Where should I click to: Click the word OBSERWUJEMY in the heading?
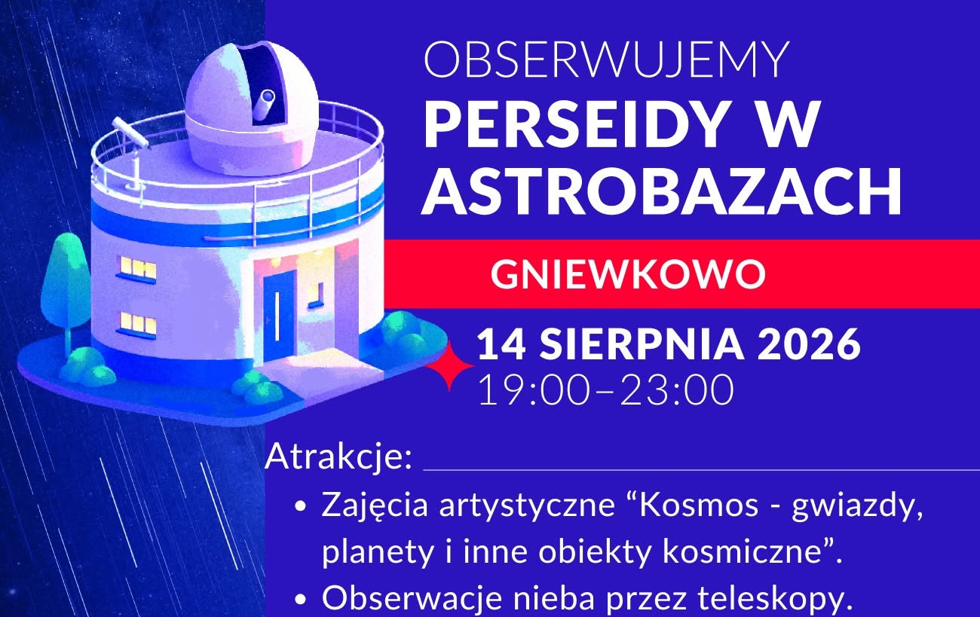pyautogui.click(x=606, y=60)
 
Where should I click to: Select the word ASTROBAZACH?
pyautogui.click(x=661, y=191)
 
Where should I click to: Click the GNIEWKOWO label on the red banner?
pyautogui.click(x=628, y=274)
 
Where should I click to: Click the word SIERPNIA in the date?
pyautogui.click(x=642, y=344)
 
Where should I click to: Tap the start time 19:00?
pyautogui.click(x=534, y=390)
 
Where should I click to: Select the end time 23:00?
pyautogui.click(x=677, y=390)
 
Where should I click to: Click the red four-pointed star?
pyautogui.click(x=449, y=365)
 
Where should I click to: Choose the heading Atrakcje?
pyautogui.click(x=338, y=457)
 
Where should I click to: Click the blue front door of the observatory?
pyautogui.click(x=279, y=316)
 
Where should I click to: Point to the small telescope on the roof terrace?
pyautogui.click(x=130, y=133)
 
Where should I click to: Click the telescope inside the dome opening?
pyautogui.click(x=264, y=104)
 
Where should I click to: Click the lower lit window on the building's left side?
pyautogui.click(x=137, y=325)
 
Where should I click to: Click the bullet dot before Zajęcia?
pyautogui.click(x=300, y=506)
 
